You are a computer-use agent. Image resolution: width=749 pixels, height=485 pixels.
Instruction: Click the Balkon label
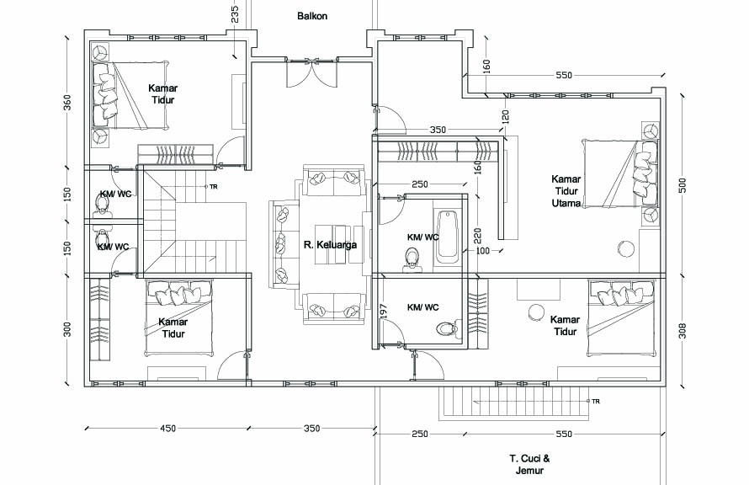pos(312,16)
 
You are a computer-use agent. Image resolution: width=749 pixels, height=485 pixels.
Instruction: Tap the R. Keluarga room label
pos(330,245)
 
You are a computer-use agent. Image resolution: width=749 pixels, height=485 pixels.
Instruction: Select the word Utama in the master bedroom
pos(566,203)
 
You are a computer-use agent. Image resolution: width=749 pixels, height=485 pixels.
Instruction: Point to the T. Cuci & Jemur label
pos(529,465)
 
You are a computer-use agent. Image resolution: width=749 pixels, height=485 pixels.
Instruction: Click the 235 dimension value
pos(235,14)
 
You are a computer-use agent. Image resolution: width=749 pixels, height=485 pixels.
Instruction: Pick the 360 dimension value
pos(67,104)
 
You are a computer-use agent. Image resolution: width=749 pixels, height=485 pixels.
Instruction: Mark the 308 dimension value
pos(683,331)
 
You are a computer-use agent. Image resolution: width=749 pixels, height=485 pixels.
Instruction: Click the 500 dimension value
pos(683,185)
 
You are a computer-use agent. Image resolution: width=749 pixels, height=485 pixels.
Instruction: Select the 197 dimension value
pos(385,311)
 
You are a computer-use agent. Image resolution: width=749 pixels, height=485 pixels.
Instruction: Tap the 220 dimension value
pos(478,235)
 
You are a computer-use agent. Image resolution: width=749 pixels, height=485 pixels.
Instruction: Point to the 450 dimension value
pos(167,429)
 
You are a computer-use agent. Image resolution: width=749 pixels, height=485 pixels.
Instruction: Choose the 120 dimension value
pos(506,116)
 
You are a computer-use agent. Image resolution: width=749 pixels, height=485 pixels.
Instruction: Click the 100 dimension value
pos(483,251)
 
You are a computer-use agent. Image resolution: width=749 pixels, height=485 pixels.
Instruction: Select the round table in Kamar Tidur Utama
pos(626,249)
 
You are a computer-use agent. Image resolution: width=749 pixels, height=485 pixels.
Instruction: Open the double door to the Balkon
pos(311,72)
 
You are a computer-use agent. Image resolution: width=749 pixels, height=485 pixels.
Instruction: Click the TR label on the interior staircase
pos(214,187)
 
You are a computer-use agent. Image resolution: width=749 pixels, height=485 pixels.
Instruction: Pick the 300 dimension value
pos(67,330)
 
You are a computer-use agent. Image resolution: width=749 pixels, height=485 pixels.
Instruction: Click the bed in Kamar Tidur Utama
pos(619,174)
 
